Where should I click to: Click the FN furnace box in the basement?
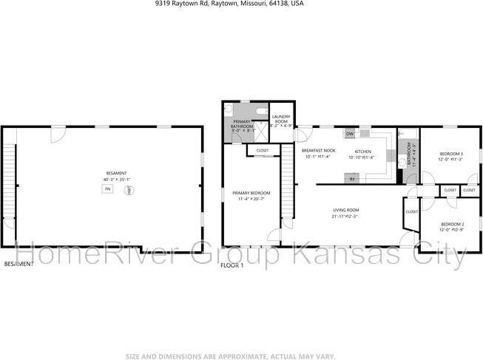tap(107, 190)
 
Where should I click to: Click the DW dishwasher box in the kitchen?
tap(349, 135)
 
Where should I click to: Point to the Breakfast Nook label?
tap(319, 150)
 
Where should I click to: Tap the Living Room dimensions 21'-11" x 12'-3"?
tap(345, 217)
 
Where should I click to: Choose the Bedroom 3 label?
tap(451, 154)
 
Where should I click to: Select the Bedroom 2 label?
tap(452, 223)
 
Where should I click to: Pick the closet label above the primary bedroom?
tap(263, 151)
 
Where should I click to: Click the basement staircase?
tap(10, 185)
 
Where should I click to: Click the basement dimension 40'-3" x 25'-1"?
tap(118, 179)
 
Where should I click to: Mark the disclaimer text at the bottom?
tap(241, 356)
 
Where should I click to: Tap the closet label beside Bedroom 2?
tap(411, 212)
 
